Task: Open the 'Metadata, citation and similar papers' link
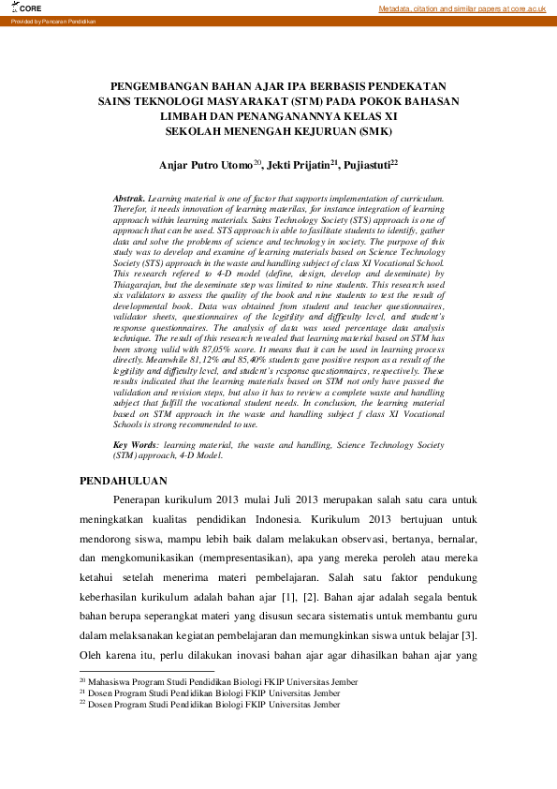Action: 462,8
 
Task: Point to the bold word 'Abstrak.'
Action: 129,201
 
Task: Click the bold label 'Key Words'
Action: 135,445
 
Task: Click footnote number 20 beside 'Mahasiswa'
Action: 81,678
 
